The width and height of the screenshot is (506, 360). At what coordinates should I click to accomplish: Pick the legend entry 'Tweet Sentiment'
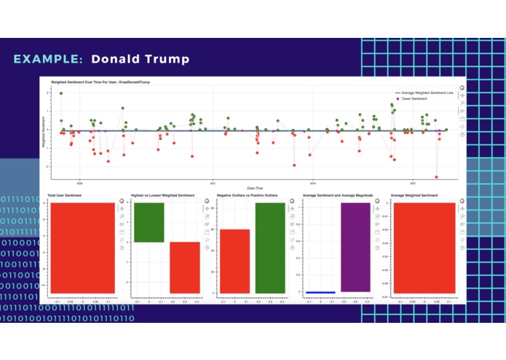[x=418, y=98]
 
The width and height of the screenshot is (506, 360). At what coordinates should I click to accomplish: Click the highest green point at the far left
[x=61, y=93]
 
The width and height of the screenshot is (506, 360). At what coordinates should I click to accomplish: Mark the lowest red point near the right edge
[x=437, y=176]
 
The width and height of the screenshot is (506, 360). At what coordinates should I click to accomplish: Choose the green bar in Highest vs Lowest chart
[x=149, y=222]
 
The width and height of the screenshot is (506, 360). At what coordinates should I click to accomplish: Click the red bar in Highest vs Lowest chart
[x=184, y=267]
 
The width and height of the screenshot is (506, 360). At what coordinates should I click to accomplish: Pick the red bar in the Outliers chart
[x=235, y=261]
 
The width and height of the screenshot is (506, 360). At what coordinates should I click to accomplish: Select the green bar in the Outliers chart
[x=269, y=248]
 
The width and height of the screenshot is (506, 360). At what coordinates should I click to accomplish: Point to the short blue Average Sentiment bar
[x=320, y=292]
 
